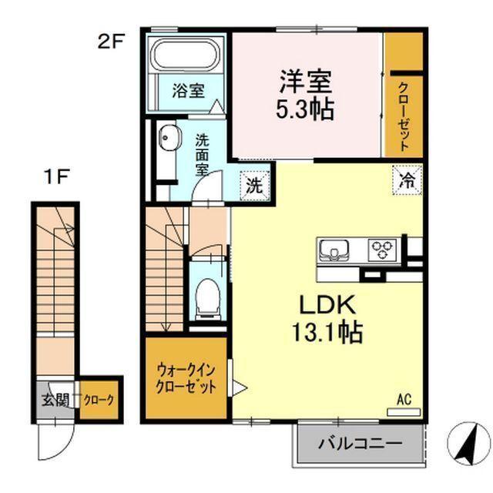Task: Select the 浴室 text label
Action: (x=188, y=91)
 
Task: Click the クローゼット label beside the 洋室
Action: (x=404, y=116)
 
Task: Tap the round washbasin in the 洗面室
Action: (x=167, y=142)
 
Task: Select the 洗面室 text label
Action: (x=202, y=153)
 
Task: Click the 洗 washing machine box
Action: (x=253, y=184)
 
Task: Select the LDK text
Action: (x=323, y=304)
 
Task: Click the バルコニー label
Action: (x=360, y=444)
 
